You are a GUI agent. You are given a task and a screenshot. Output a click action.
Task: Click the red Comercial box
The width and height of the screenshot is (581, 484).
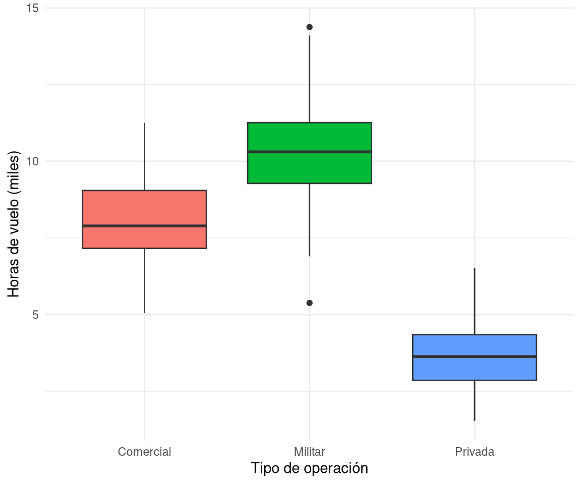144,209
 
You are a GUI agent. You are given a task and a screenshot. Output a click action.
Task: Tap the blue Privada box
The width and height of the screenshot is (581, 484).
474,368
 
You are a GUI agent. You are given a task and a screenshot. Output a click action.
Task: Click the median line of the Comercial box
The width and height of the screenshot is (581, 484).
144,226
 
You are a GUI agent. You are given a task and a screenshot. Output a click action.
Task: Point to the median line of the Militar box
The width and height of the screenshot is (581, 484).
309,151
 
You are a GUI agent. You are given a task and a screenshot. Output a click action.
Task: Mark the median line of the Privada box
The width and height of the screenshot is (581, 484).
474,356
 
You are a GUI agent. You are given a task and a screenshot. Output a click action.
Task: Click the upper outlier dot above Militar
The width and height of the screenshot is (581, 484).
309,27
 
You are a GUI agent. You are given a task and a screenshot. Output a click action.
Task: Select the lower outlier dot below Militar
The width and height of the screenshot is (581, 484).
309,303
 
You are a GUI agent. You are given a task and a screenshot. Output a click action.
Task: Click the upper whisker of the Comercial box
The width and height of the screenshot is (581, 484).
144,156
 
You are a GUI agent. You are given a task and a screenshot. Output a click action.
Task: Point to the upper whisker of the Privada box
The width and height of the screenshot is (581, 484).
474,301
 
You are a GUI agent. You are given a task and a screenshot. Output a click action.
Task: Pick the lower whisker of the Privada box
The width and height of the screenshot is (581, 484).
474,400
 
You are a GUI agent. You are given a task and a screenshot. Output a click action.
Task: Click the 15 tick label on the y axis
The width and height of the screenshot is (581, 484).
33,8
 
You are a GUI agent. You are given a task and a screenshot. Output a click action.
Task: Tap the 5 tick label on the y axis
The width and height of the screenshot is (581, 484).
35,315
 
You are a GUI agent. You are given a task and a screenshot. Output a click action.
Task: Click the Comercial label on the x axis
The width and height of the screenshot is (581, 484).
144,452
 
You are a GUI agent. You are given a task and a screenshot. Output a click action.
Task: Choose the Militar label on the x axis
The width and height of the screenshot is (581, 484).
309,452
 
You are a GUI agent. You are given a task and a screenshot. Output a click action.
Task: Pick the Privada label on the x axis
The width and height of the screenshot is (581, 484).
474,452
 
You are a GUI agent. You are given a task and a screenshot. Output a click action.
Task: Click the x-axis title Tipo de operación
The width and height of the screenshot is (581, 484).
309,468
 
